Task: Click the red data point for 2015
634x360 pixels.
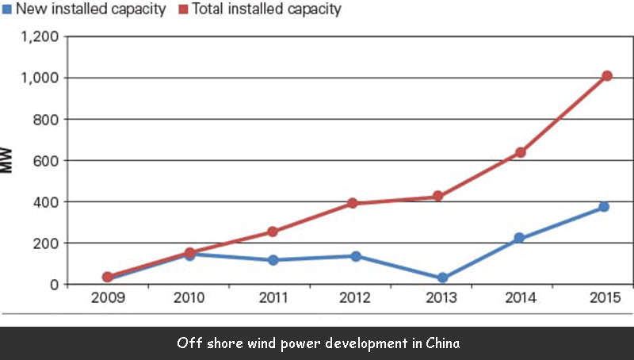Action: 607,76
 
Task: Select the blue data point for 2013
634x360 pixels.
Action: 442,278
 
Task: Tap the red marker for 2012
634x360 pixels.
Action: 354,204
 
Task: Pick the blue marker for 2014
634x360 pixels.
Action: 520,238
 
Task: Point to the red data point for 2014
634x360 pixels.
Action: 521,152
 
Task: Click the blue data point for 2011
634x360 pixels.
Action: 273,260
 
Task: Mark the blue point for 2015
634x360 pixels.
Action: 604,207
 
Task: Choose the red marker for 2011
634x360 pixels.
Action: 273,232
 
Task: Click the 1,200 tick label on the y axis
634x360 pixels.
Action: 38,37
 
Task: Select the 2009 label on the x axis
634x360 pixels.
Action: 107,300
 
